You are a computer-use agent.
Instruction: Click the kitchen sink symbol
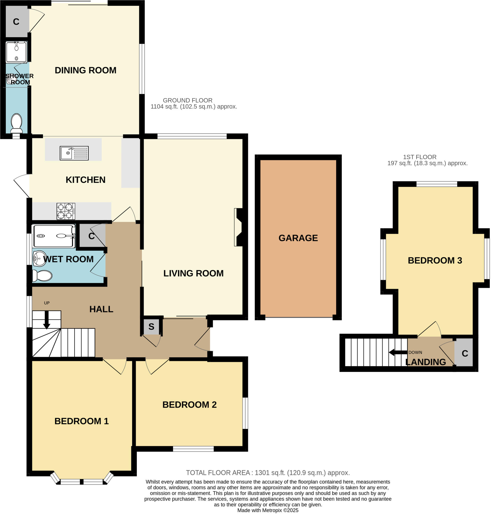click(74, 153)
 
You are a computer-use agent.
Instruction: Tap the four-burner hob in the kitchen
click(66, 211)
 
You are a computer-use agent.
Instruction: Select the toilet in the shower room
click(17, 123)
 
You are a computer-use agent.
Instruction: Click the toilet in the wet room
click(42, 276)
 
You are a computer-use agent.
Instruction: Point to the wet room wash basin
click(39, 259)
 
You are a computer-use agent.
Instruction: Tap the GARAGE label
click(298, 238)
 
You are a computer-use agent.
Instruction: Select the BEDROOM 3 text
click(435, 261)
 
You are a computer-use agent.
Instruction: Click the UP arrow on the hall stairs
click(47, 319)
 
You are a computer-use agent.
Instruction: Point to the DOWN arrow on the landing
click(398, 352)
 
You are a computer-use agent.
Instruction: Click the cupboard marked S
click(151, 327)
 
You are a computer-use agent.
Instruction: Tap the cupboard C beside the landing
click(465, 353)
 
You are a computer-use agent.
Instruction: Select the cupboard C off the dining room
click(16, 22)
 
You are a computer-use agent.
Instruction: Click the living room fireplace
click(239, 227)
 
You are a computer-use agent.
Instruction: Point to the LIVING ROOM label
click(194, 273)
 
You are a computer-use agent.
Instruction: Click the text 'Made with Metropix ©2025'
click(268, 510)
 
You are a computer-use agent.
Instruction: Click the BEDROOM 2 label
click(189, 405)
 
